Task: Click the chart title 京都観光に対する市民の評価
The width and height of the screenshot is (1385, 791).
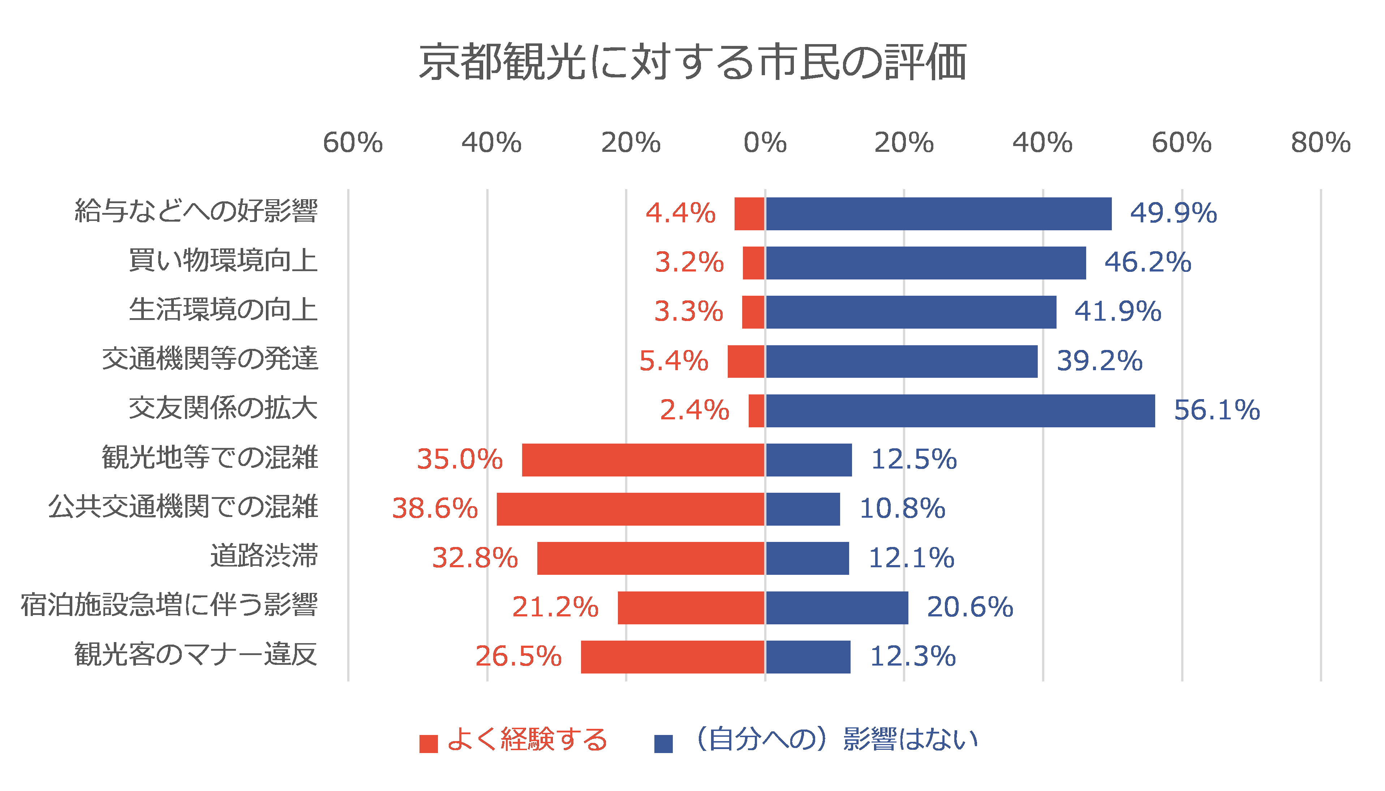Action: point(692,61)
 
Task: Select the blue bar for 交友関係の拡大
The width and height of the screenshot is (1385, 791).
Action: point(960,411)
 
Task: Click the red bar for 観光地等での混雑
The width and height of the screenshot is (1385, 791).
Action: point(644,459)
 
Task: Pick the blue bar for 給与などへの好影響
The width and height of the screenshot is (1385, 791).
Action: point(938,214)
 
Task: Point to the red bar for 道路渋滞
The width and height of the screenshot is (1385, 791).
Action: point(651,558)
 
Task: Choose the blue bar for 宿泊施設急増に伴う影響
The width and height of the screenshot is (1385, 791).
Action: point(836,607)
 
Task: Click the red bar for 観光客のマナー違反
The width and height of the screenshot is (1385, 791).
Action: point(673,657)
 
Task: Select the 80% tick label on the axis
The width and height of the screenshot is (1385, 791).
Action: point(1320,143)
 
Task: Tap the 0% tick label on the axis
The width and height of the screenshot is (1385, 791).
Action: point(765,143)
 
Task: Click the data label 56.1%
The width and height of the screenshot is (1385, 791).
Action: point(1217,410)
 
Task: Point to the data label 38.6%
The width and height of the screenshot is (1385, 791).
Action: point(435,509)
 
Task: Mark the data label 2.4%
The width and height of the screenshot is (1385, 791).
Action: point(694,410)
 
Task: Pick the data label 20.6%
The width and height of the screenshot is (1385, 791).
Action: point(970,607)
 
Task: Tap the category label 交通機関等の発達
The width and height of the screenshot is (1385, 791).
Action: point(210,359)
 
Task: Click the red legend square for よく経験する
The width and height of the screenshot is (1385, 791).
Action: point(429,744)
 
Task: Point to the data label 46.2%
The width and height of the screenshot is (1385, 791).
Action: point(1148,262)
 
